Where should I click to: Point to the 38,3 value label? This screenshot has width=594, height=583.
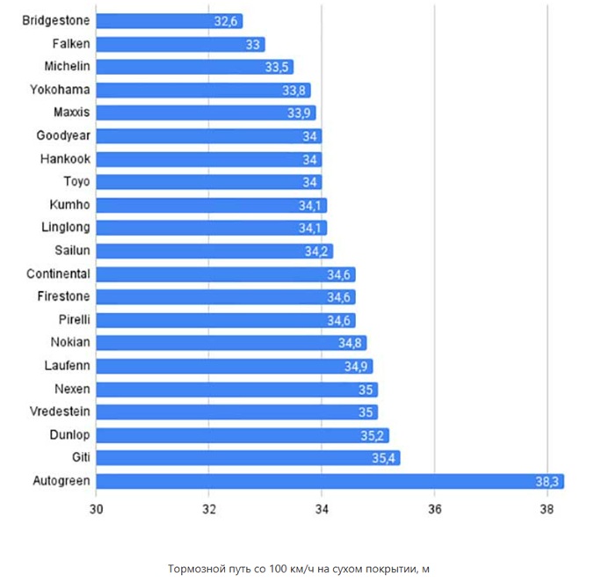(x=547, y=481)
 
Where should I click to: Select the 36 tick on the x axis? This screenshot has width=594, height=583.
(x=434, y=509)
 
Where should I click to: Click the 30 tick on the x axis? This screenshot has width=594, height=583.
(x=97, y=509)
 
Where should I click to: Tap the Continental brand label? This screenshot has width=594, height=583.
(x=58, y=273)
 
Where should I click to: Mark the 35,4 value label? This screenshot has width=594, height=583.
(x=384, y=457)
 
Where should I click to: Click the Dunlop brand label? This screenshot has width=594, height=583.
(x=69, y=434)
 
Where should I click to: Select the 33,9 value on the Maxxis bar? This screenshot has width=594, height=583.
(x=301, y=113)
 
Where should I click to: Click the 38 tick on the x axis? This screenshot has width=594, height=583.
(x=547, y=509)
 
